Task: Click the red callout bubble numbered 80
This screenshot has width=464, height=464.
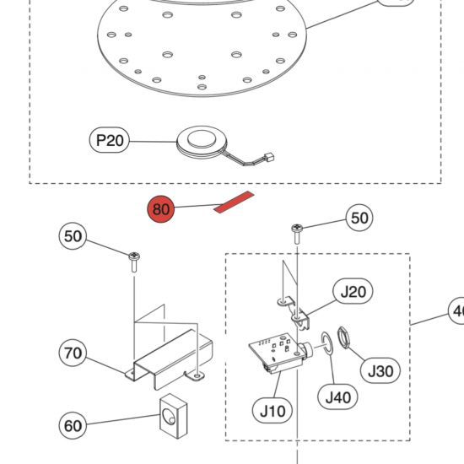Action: [x=161, y=209]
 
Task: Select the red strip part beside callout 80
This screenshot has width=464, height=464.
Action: [x=234, y=202]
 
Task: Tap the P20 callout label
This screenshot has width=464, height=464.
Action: [x=110, y=140]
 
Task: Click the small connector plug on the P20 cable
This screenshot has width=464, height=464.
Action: [x=269, y=157]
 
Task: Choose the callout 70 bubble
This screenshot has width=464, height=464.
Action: [x=73, y=353]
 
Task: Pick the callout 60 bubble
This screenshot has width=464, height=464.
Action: [x=73, y=425]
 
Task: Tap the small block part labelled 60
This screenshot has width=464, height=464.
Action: [x=174, y=416]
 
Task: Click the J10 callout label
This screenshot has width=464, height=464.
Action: [x=272, y=411]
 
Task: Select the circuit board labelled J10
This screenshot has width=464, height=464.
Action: [x=279, y=352]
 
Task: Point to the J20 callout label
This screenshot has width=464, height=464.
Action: [x=353, y=292]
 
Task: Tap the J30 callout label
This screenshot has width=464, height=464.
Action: [x=380, y=370]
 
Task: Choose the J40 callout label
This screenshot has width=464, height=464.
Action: [x=337, y=397]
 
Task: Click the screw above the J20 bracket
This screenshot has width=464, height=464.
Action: [x=297, y=233]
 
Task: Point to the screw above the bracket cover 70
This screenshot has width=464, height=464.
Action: [x=134, y=262]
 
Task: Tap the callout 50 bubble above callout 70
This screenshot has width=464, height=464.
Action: [x=73, y=236]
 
